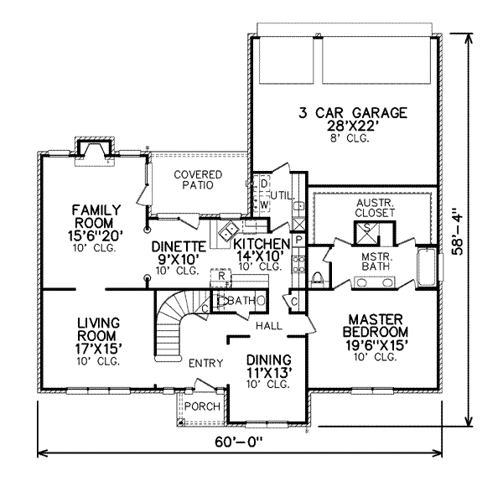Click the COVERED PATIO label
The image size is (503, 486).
[x=198, y=179]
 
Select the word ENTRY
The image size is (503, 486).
[x=205, y=363]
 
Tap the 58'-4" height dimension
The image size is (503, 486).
[x=478, y=233]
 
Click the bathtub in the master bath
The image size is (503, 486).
[x=427, y=265]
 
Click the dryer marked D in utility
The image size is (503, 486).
[x=262, y=184]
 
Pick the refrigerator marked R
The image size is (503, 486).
[x=220, y=275]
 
